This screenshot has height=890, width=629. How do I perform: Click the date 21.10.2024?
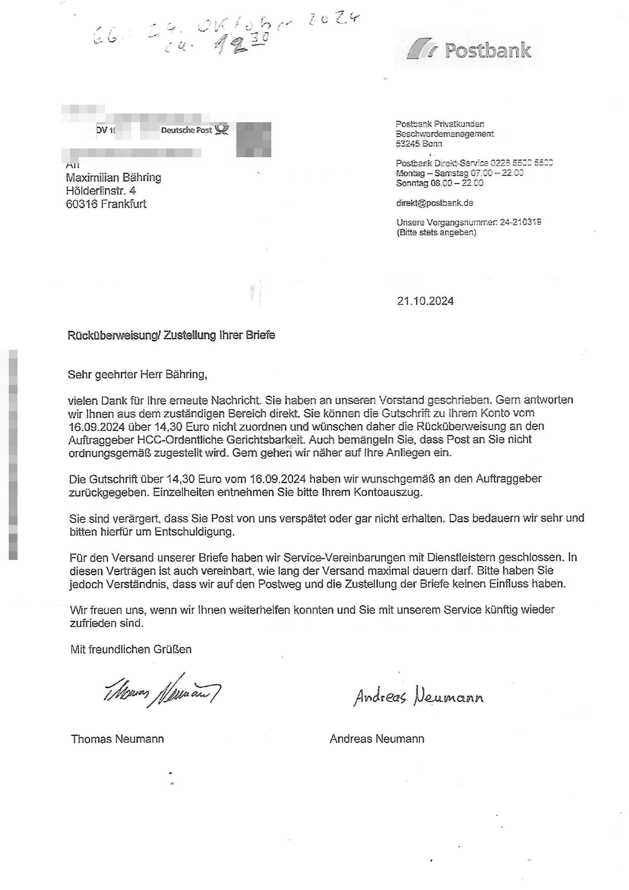coord(425,301)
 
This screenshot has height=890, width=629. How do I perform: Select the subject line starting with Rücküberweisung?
coord(171,335)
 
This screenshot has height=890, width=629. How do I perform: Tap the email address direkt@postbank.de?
coord(434,203)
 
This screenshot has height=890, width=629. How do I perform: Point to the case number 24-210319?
coord(520,222)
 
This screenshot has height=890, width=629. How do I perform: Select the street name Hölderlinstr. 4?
coord(101,191)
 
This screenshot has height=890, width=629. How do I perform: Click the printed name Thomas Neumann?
coord(117,739)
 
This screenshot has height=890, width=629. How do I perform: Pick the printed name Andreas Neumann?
coord(377,739)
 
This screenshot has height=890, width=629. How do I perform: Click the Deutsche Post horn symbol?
coord(222,129)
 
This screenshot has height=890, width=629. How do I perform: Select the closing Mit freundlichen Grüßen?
coord(131,649)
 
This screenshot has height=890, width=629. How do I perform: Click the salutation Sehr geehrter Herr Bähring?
coord(137,375)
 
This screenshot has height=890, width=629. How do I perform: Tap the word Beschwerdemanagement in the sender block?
coord(444,134)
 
